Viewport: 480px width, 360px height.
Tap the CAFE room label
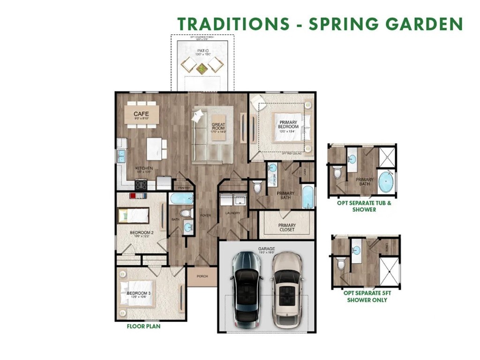coord(141,114)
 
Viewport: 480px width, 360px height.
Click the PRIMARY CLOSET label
coord(287,227)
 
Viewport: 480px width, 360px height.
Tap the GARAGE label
coord(266,249)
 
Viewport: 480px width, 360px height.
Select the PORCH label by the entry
coord(202,276)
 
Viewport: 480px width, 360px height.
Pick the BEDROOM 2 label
coord(141,232)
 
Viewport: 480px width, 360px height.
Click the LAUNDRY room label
coord(232,213)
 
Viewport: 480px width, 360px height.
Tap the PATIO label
coord(202,50)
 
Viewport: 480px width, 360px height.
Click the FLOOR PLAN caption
coord(143,326)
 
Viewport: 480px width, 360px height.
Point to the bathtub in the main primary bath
coord(307,197)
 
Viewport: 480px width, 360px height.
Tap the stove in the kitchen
coord(141,185)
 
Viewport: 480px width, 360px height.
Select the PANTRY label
coord(184,188)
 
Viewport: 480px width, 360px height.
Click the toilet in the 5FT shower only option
coord(341,264)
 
